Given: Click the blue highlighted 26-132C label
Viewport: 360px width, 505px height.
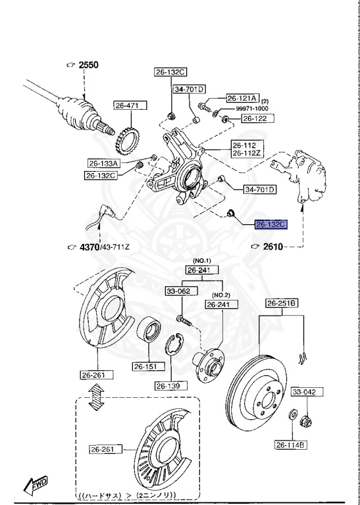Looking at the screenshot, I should (271, 224).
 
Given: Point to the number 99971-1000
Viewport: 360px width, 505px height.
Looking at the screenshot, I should (253, 108).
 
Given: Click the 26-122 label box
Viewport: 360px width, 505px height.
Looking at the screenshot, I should (255, 118).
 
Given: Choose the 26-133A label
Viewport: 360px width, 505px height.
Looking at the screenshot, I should (105, 163).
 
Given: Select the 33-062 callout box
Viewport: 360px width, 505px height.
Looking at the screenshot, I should (178, 290).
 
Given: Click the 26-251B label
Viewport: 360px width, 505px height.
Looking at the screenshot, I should (282, 303).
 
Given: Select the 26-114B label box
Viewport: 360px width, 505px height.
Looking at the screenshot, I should (291, 445).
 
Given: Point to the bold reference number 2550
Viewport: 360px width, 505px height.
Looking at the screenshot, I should (88, 64).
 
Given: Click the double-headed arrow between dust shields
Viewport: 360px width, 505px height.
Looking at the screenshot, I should (97, 397).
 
